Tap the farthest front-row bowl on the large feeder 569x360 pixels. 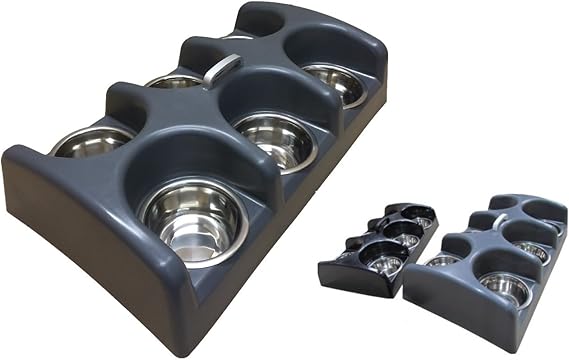coord(335,82)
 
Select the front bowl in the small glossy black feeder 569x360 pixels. coord(385,263)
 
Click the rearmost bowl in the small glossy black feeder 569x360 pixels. coord(424,221)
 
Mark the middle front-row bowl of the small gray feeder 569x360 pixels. coord(530,250)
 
